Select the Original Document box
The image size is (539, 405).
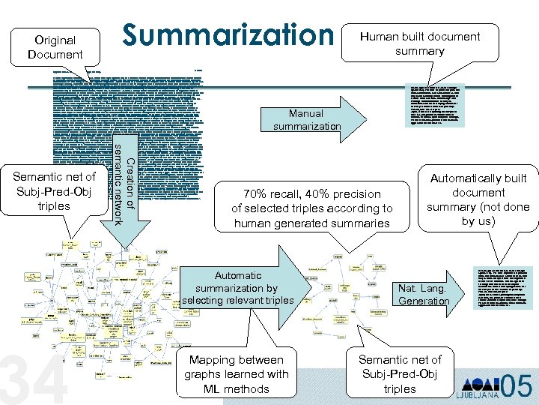click(55, 46)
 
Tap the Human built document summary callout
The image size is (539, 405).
click(419, 43)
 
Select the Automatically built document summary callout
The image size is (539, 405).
click(478, 199)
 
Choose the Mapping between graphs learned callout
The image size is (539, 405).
click(236, 373)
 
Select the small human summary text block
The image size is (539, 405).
click(437, 104)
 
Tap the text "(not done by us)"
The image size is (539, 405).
click(478, 214)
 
